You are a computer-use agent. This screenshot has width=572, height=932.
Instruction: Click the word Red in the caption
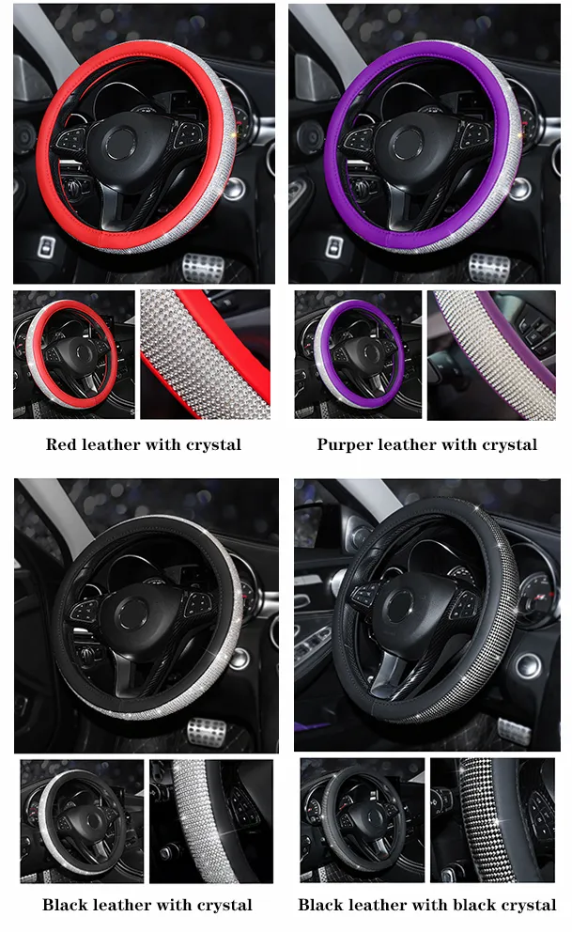pos(61,444)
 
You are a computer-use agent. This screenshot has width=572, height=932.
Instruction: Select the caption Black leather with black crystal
pos(427,905)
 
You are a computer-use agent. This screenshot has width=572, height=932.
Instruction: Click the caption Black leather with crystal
pos(147,905)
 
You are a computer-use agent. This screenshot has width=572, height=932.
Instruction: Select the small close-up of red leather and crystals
pos(205,354)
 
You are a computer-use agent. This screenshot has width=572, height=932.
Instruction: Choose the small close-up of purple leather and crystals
pos(491,354)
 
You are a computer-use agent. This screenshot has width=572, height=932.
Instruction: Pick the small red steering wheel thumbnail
pos(73,354)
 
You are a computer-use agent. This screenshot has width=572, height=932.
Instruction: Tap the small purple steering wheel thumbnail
pos(358,354)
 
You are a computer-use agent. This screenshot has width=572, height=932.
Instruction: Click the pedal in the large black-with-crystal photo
pos(208,730)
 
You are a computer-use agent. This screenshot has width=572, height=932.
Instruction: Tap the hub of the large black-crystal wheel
pos(410,611)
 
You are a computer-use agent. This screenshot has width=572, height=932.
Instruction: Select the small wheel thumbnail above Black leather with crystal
pos(82,821)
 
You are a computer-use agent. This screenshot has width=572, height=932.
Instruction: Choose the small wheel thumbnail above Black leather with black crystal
pos(362,821)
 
